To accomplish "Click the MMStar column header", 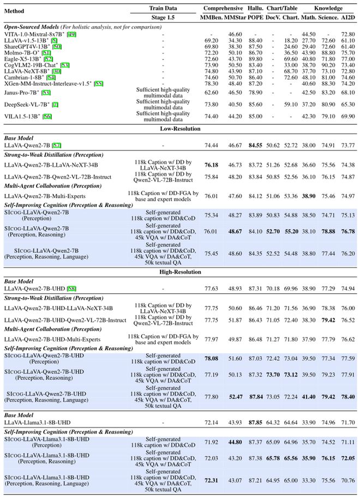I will click(x=237, y=17).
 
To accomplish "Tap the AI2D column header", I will click(x=347, y=17).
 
